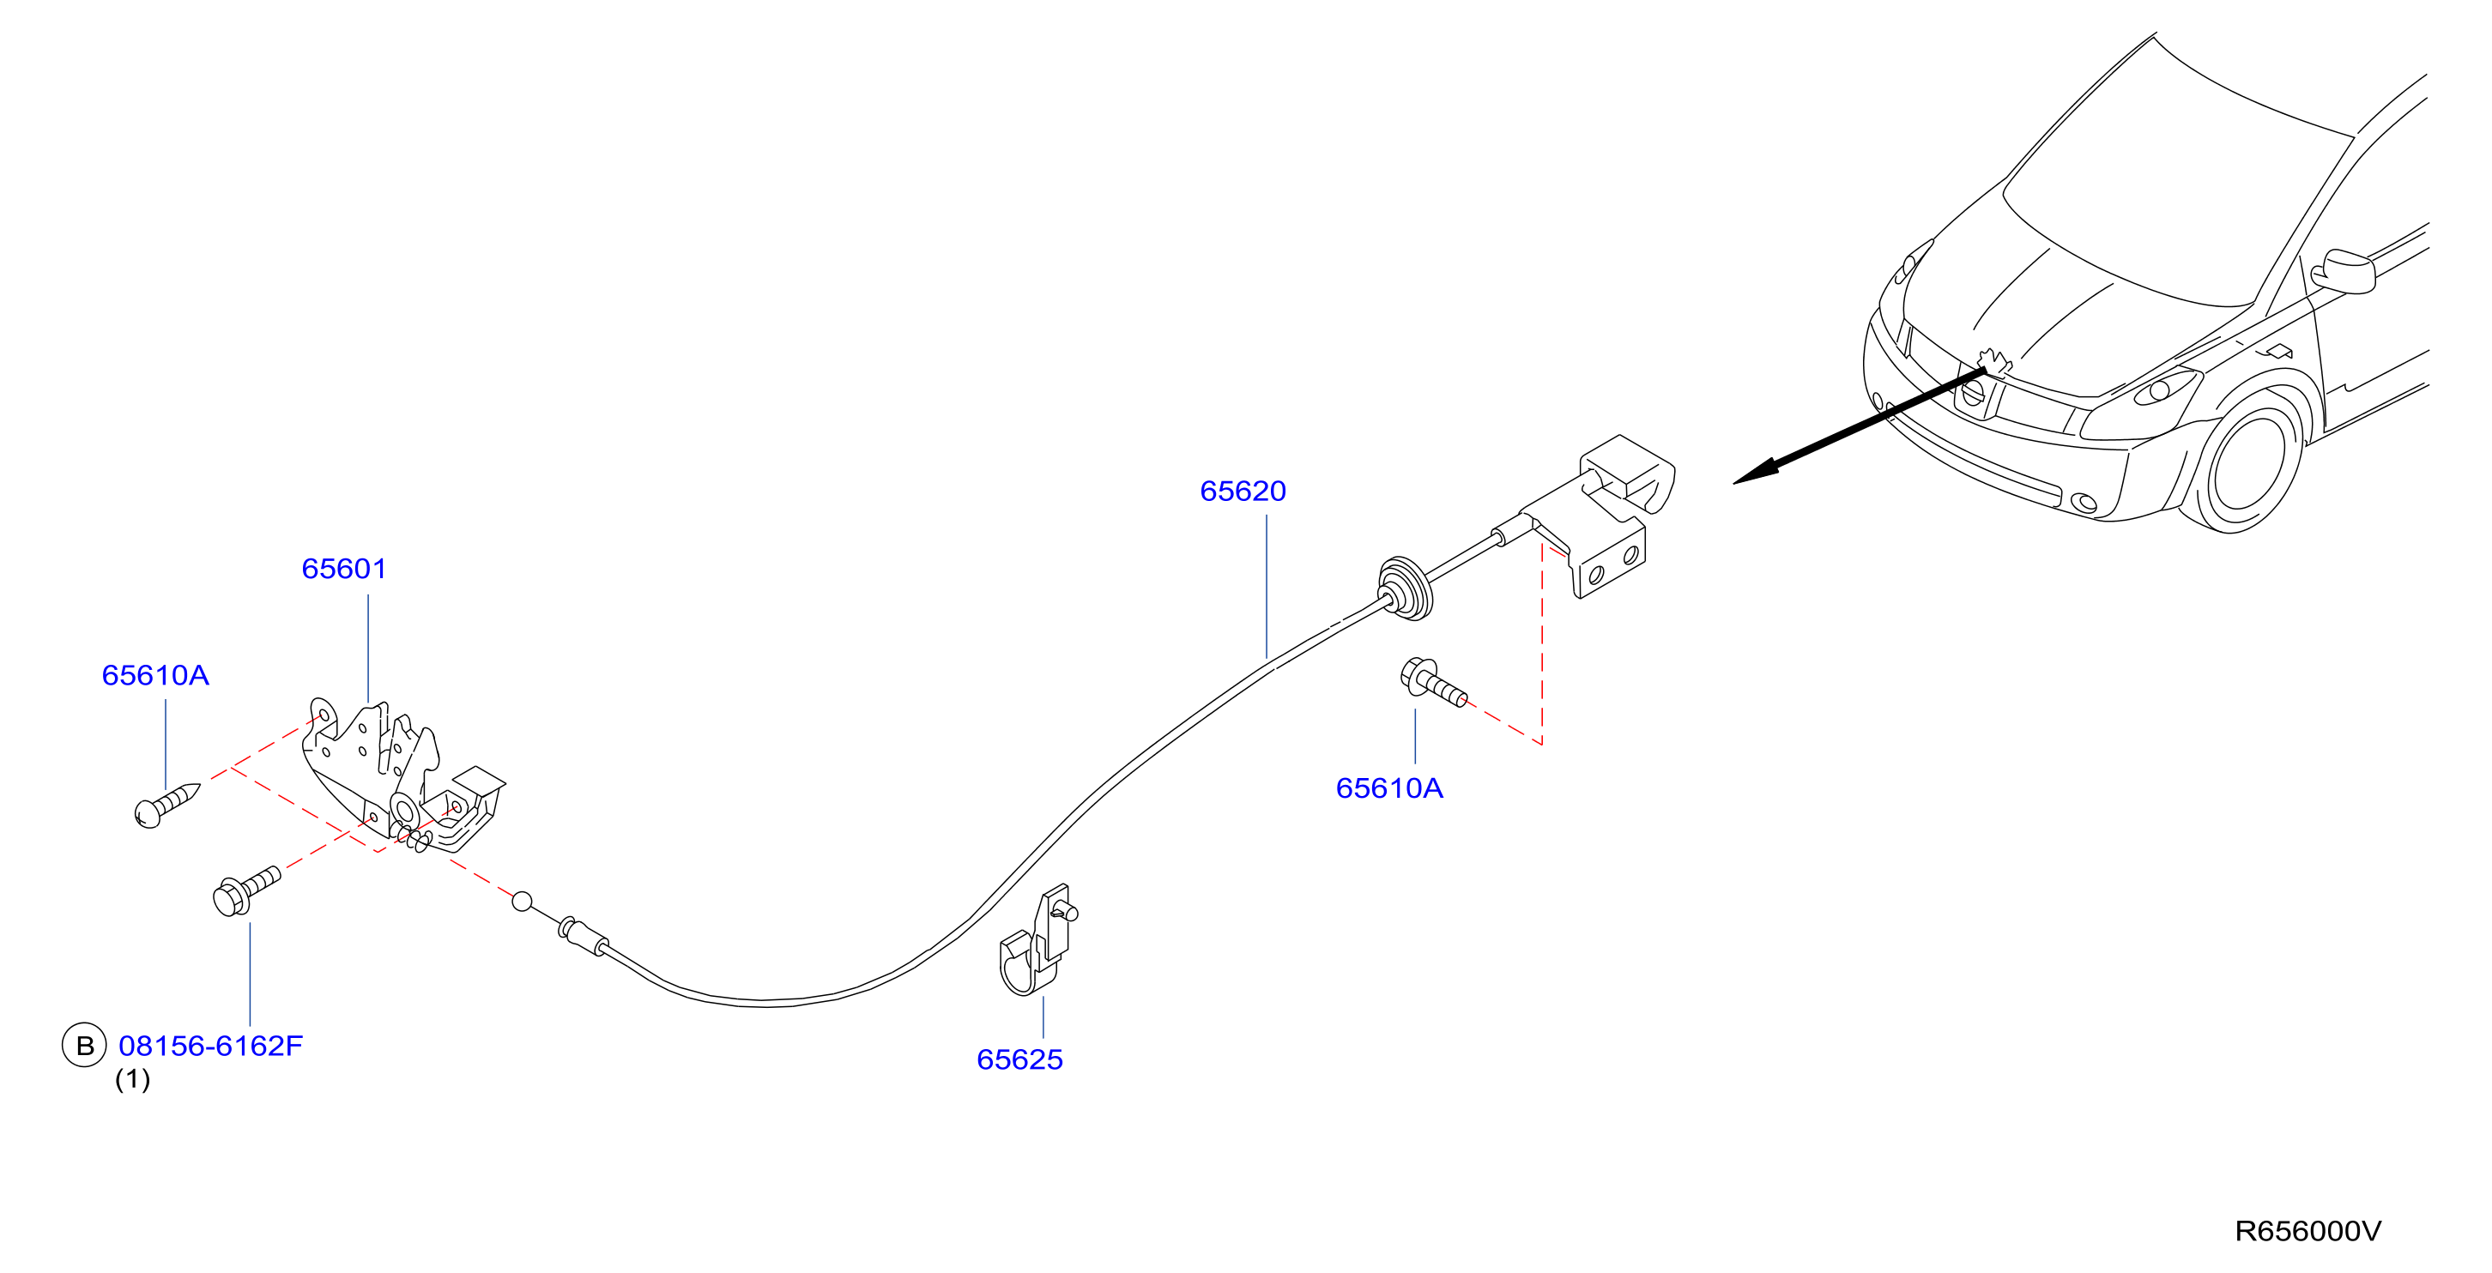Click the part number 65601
(x=343, y=569)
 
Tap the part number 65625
(x=1019, y=1060)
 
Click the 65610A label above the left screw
(x=156, y=675)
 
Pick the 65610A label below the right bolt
(x=1389, y=788)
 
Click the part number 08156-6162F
(x=211, y=1046)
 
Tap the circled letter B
(x=84, y=1046)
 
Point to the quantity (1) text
(x=132, y=1079)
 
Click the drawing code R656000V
(x=2308, y=1232)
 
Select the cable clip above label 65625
(x=1036, y=941)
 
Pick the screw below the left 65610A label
(x=166, y=805)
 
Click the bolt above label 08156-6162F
(x=245, y=890)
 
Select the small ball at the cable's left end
(x=522, y=902)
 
